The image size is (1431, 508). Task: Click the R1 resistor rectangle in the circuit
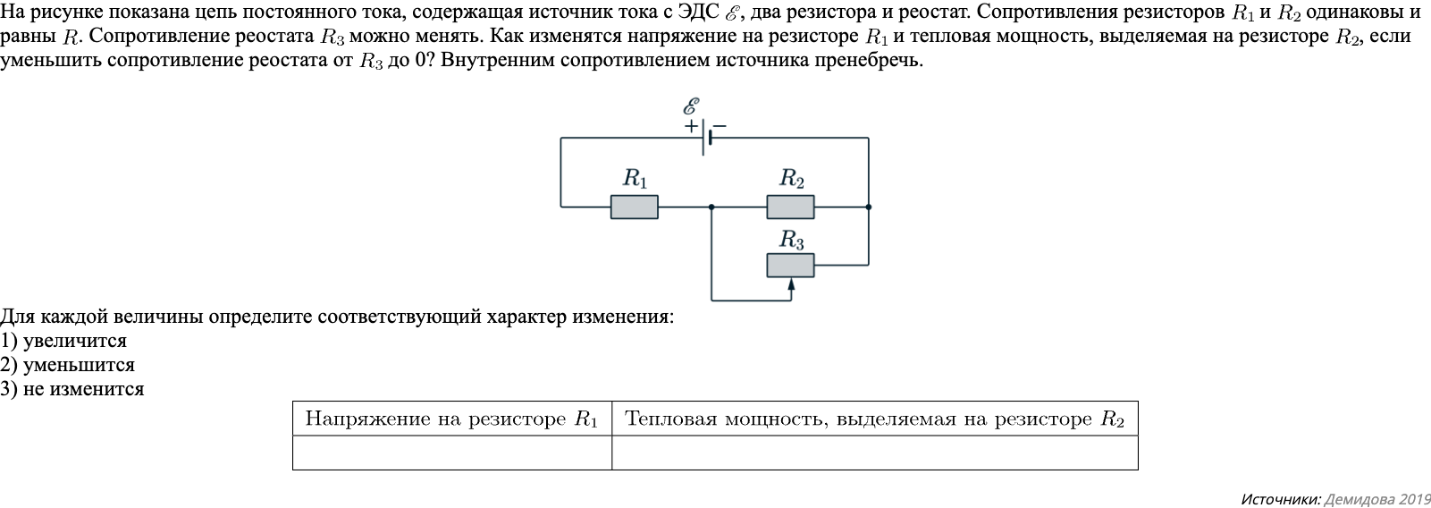click(x=634, y=207)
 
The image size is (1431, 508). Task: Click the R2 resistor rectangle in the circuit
click(x=790, y=207)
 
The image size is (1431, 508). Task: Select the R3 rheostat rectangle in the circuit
click(x=790, y=265)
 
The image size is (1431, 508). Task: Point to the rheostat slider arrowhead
click(x=791, y=284)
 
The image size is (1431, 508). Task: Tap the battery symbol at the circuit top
click(x=706, y=138)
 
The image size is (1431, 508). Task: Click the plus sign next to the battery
click(x=691, y=126)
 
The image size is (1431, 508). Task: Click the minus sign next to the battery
click(x=720, y=126)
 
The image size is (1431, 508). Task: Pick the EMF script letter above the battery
click(x=690, y=106)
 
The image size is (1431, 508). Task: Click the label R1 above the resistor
click(x=635, y=178)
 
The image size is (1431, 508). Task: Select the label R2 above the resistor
click(x=792, y=178)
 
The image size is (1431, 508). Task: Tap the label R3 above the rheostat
click(x=792, y=240)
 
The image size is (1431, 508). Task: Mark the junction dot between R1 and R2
click(x=711, y=207)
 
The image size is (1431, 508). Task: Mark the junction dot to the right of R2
click(x=868, y=207)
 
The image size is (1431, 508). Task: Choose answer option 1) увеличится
click(x=64, y=341)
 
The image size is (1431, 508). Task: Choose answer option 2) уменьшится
click(x=68, y=365)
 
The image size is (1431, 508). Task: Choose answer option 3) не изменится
click(x=72, y=389)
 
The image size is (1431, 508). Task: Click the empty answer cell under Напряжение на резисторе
click(x=451, y=453)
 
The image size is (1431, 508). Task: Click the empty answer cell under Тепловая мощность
click(x=874, y=453)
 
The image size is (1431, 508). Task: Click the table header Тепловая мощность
click(x=874, y=419)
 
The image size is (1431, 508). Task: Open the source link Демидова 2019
click(x=1376, y=499)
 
